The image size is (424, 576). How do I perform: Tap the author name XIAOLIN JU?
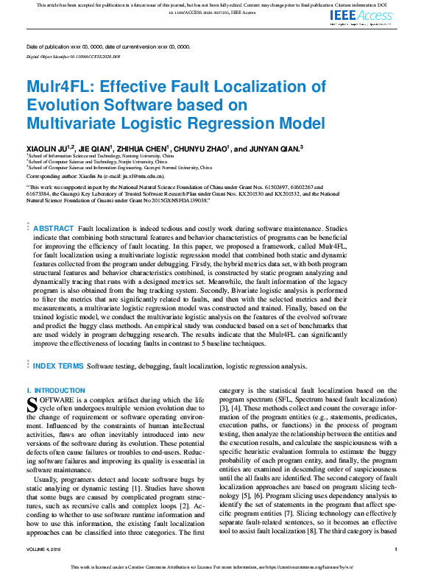[x=49, y=148]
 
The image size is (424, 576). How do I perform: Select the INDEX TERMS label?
[x=58, y=365]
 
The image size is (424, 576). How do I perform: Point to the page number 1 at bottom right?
[x=395, y=549]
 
